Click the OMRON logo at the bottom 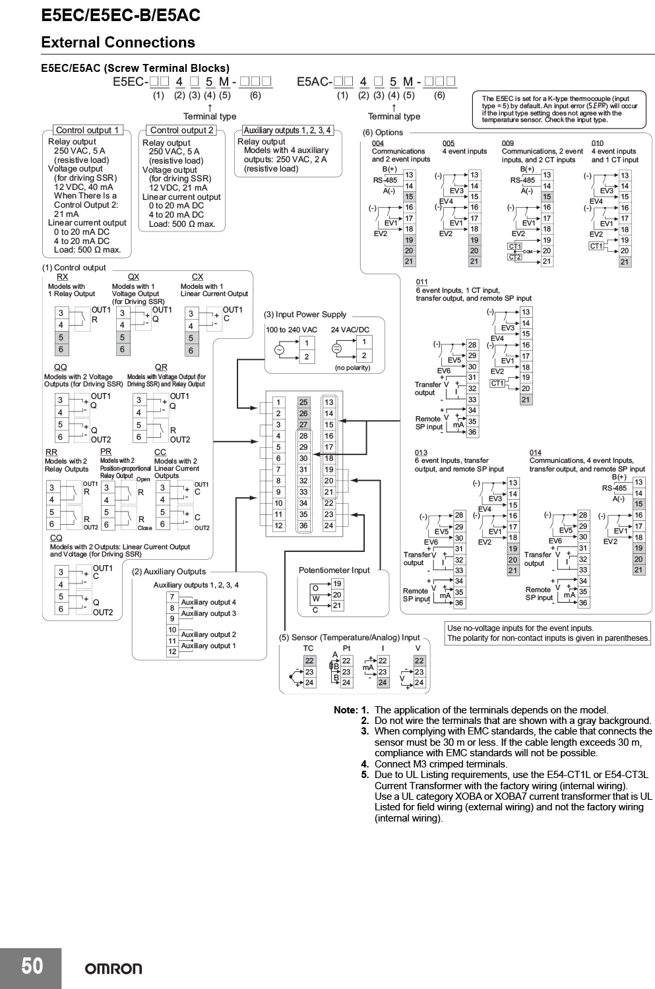113,969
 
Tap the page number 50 32,966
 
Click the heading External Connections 118,42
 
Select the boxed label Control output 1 88,131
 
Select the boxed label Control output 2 181,131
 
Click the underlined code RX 62,277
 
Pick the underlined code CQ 56,538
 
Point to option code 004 377,143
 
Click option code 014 536,452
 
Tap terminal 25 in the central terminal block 303,402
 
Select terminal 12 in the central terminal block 278,525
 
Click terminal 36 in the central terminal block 303,525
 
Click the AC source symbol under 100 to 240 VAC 279,350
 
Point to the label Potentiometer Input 334,570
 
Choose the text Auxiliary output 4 208,602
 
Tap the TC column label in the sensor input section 308,648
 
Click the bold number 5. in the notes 365,775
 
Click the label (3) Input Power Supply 305,315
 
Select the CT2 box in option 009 515,257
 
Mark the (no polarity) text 352,368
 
